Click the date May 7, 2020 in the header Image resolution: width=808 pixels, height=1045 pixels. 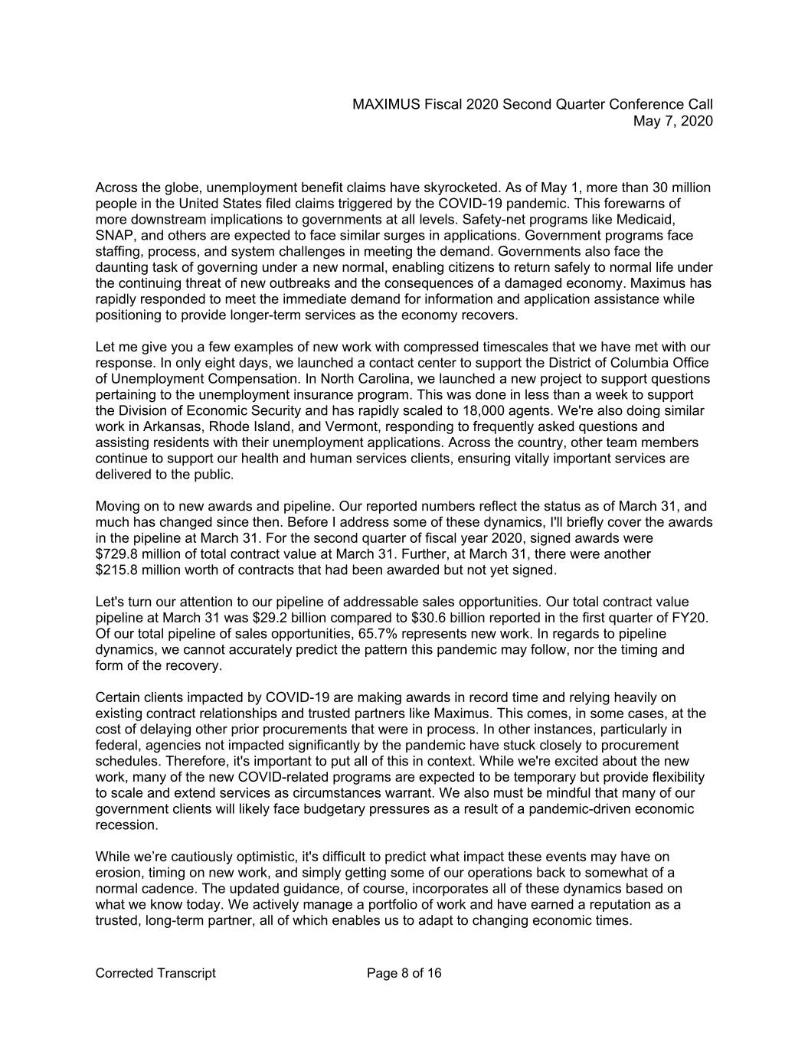673,121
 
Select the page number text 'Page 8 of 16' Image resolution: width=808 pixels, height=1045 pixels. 404,973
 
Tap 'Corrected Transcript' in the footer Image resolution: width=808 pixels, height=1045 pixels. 155,973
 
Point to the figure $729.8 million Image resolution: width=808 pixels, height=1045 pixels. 137,554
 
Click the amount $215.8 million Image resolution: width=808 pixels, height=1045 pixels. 137,570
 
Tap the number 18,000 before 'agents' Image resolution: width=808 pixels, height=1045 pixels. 456,410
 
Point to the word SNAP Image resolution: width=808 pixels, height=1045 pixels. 113,235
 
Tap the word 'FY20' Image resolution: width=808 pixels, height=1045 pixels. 694,618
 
